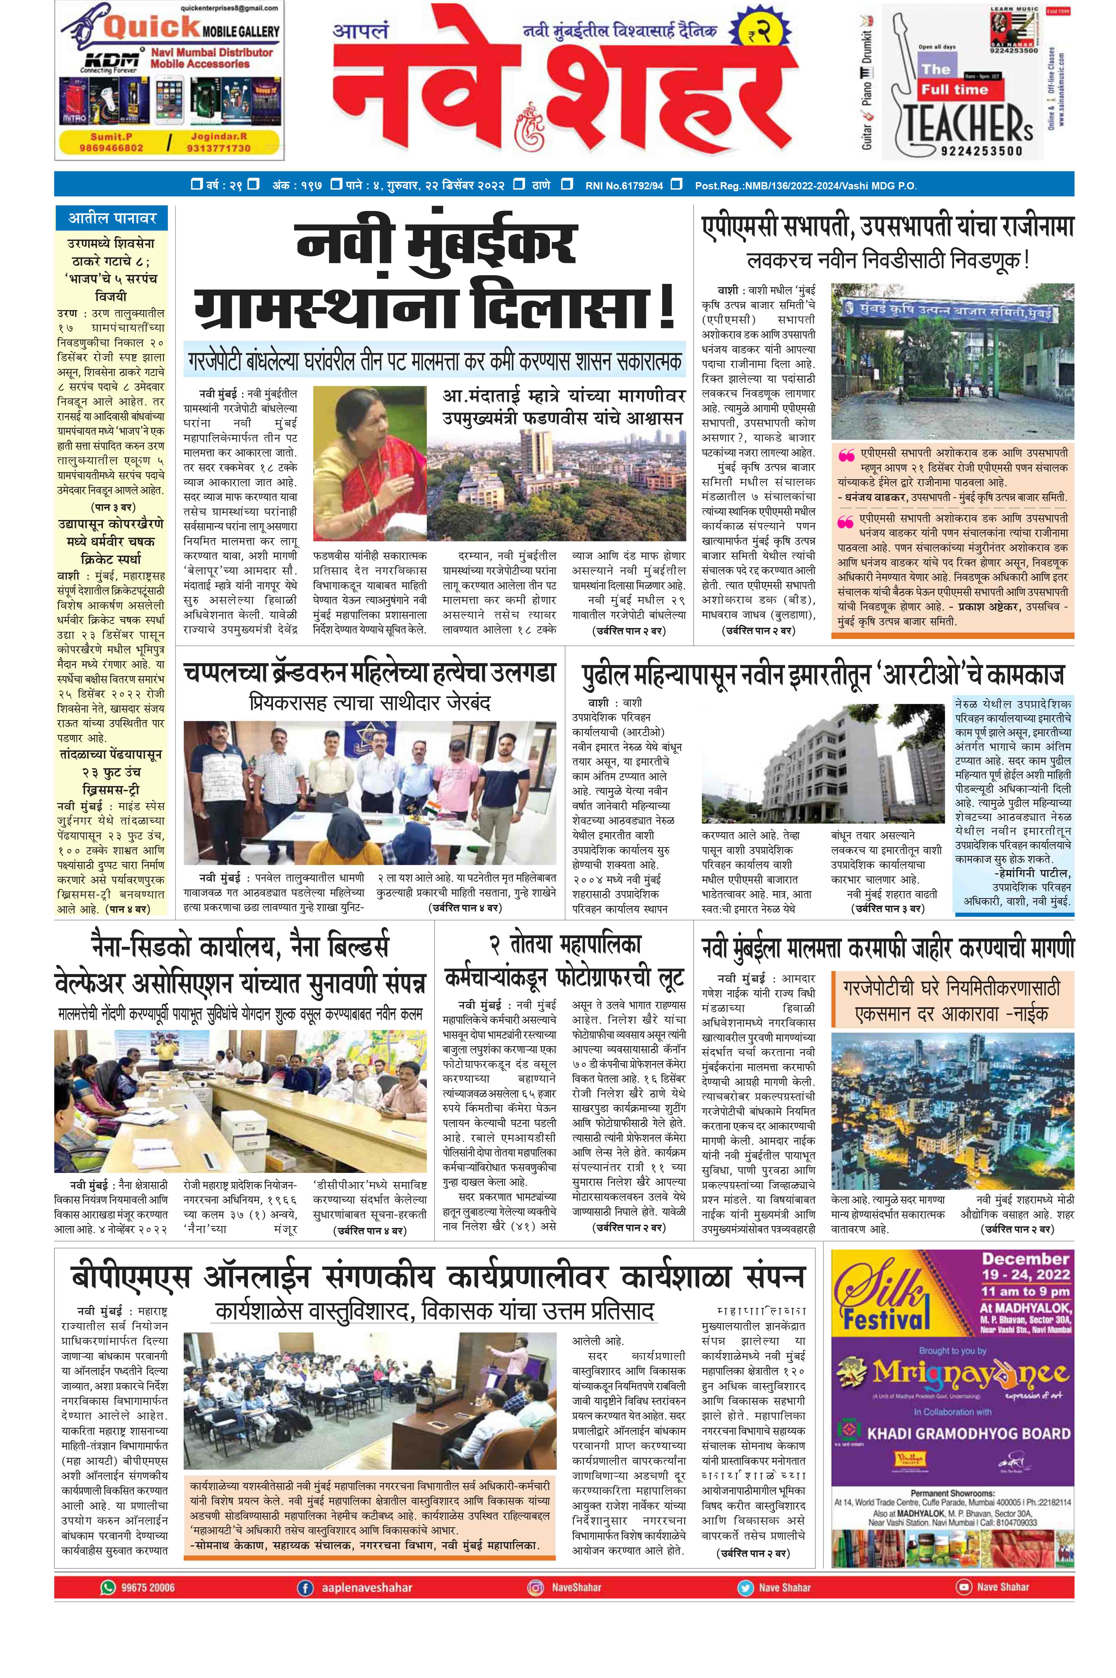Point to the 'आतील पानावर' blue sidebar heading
click(112, 218)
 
